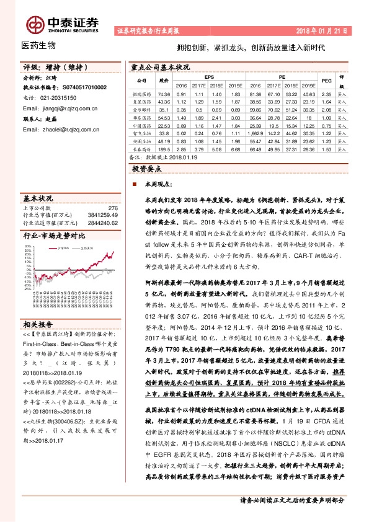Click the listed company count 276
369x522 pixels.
point(113,208)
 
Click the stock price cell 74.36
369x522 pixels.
point(164,92)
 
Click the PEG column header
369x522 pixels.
point(327,81)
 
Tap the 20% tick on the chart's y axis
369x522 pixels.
point(28,246)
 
